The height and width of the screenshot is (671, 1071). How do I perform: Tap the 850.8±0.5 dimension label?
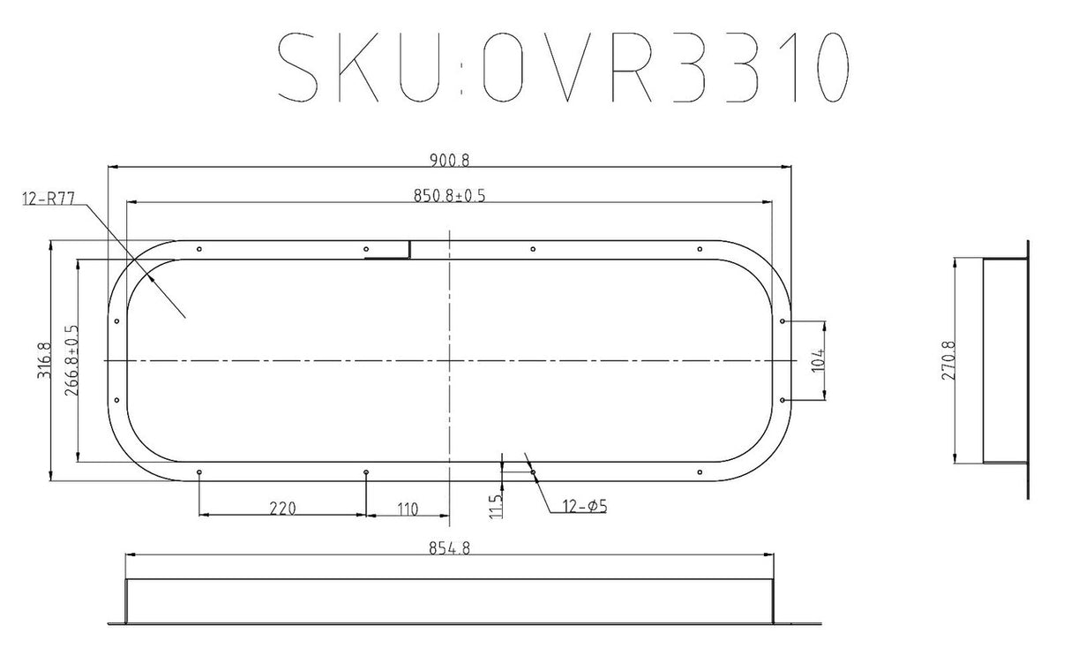pyautogui.click(x=449, y=196)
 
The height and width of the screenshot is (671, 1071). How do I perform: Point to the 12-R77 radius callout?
pyautogui.click(x=48, y=199)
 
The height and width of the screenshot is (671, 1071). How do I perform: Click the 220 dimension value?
pyautogui.click(x=281, y=508)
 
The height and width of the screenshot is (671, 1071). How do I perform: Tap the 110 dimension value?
pyautogui.click(x=407, y=508)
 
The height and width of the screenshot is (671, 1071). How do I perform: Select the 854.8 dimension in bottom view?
pyautogui.click(x=449, y=547)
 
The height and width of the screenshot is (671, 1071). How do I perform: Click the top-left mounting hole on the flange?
pyautogui.click(x=200, y=250)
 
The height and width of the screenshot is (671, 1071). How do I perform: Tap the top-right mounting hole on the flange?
pyautogui.click(x=699, y=250)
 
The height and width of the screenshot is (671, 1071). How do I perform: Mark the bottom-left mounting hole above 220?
pyautogui.click(x=200, y=472)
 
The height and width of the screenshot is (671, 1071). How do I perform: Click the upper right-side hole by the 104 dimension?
pyautogui.click(x=783, y=321)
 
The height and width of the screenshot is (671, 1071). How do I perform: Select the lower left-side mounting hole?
pyautogui.click(x=116, y=400)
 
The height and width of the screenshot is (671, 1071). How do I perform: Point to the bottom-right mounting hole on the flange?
pyautogui.click(x=699, y=472)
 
